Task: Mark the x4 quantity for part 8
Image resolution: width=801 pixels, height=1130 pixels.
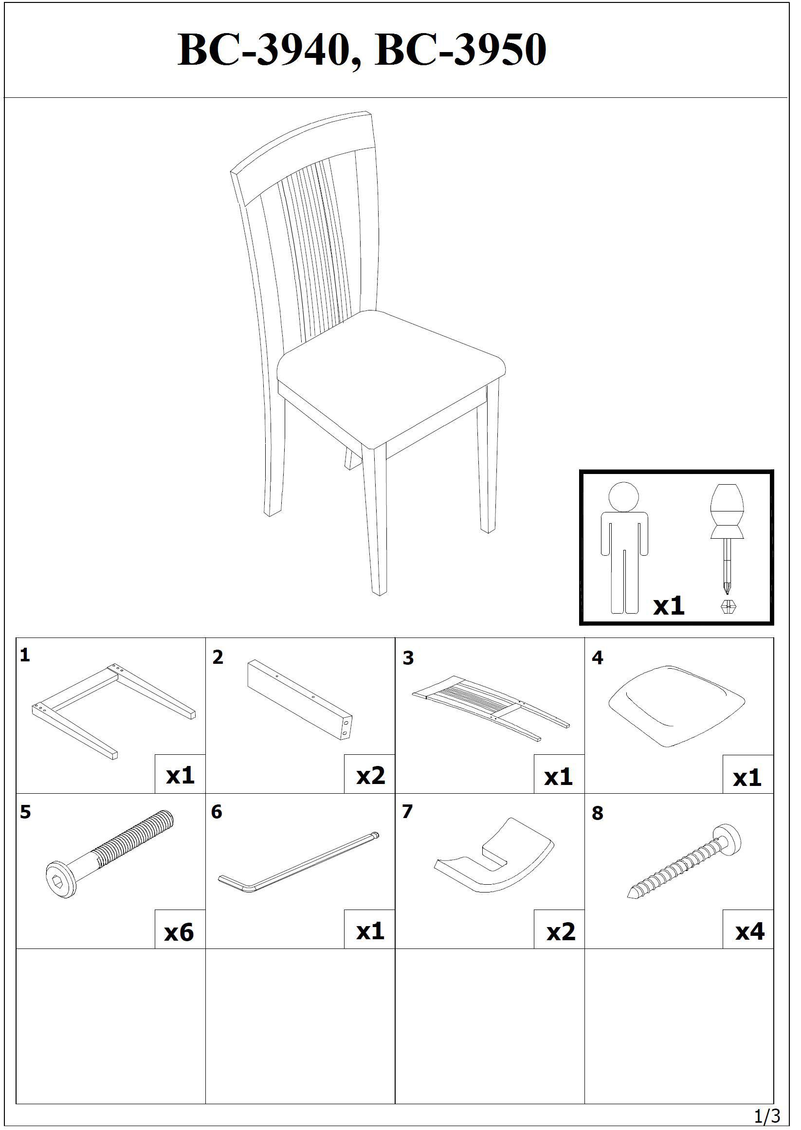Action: click(750, 931)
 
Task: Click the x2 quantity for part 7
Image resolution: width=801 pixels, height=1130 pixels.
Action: click(561, 932)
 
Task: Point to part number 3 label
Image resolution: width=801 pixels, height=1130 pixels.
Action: click(408, 658)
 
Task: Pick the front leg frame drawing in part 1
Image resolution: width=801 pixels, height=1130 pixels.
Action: click(113, 712)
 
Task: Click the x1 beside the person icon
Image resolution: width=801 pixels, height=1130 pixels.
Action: click(669, 606)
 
